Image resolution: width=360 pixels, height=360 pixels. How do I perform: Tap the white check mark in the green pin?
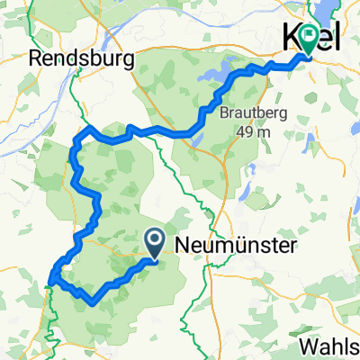[310, 36]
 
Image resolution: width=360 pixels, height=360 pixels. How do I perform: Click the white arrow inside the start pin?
[154, 239]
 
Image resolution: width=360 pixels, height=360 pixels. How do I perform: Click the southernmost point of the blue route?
[93, 303]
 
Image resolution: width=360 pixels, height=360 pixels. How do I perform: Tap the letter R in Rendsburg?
[36, 59]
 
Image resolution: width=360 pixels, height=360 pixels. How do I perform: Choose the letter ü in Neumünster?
[238, 243]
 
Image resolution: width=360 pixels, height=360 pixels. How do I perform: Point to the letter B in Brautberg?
[222, 114]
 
